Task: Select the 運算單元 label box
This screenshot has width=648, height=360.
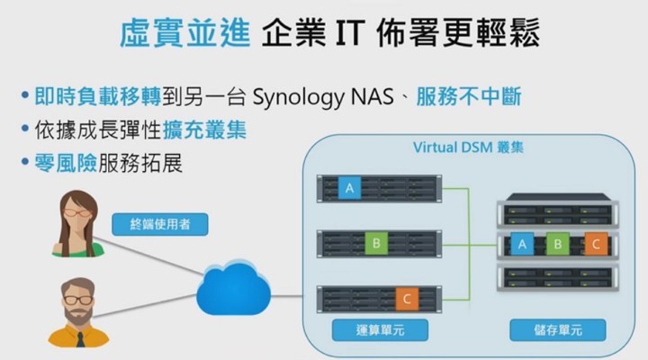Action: coord(368,330)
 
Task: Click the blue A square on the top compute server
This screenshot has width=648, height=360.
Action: coord(350,189)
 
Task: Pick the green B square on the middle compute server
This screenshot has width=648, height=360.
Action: coord(375,242)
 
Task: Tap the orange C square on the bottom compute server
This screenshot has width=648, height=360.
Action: coord(405,297)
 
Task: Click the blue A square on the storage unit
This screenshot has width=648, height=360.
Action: coord(519,243)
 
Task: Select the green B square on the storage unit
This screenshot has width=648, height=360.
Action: coord(557,243)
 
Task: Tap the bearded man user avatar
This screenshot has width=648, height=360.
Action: coord(79,310)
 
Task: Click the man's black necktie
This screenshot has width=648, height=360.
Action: coord(80,339)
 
